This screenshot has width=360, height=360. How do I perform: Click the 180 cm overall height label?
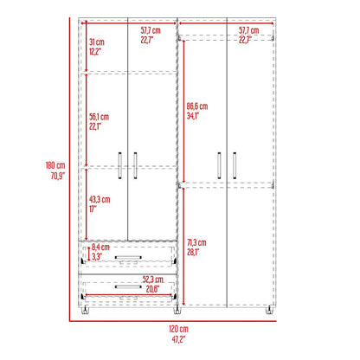pos(55,165)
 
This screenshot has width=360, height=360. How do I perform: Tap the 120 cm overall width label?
pos(178,329)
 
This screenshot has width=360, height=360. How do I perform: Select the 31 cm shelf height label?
pos(97,42)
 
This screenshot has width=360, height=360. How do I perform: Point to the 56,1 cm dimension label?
pos(99,117)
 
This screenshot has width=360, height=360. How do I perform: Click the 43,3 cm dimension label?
pos(100,199)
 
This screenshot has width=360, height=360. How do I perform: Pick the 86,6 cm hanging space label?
pos(197,106)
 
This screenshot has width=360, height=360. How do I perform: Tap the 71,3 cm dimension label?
pos(196,242)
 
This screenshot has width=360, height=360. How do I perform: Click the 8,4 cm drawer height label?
pos(100,247)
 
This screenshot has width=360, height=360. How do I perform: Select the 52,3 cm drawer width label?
pos(153,280)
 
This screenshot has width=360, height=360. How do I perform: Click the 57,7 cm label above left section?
pos(151,30)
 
